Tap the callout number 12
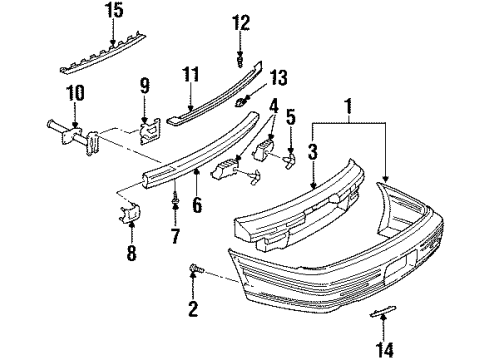pos(239,22)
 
